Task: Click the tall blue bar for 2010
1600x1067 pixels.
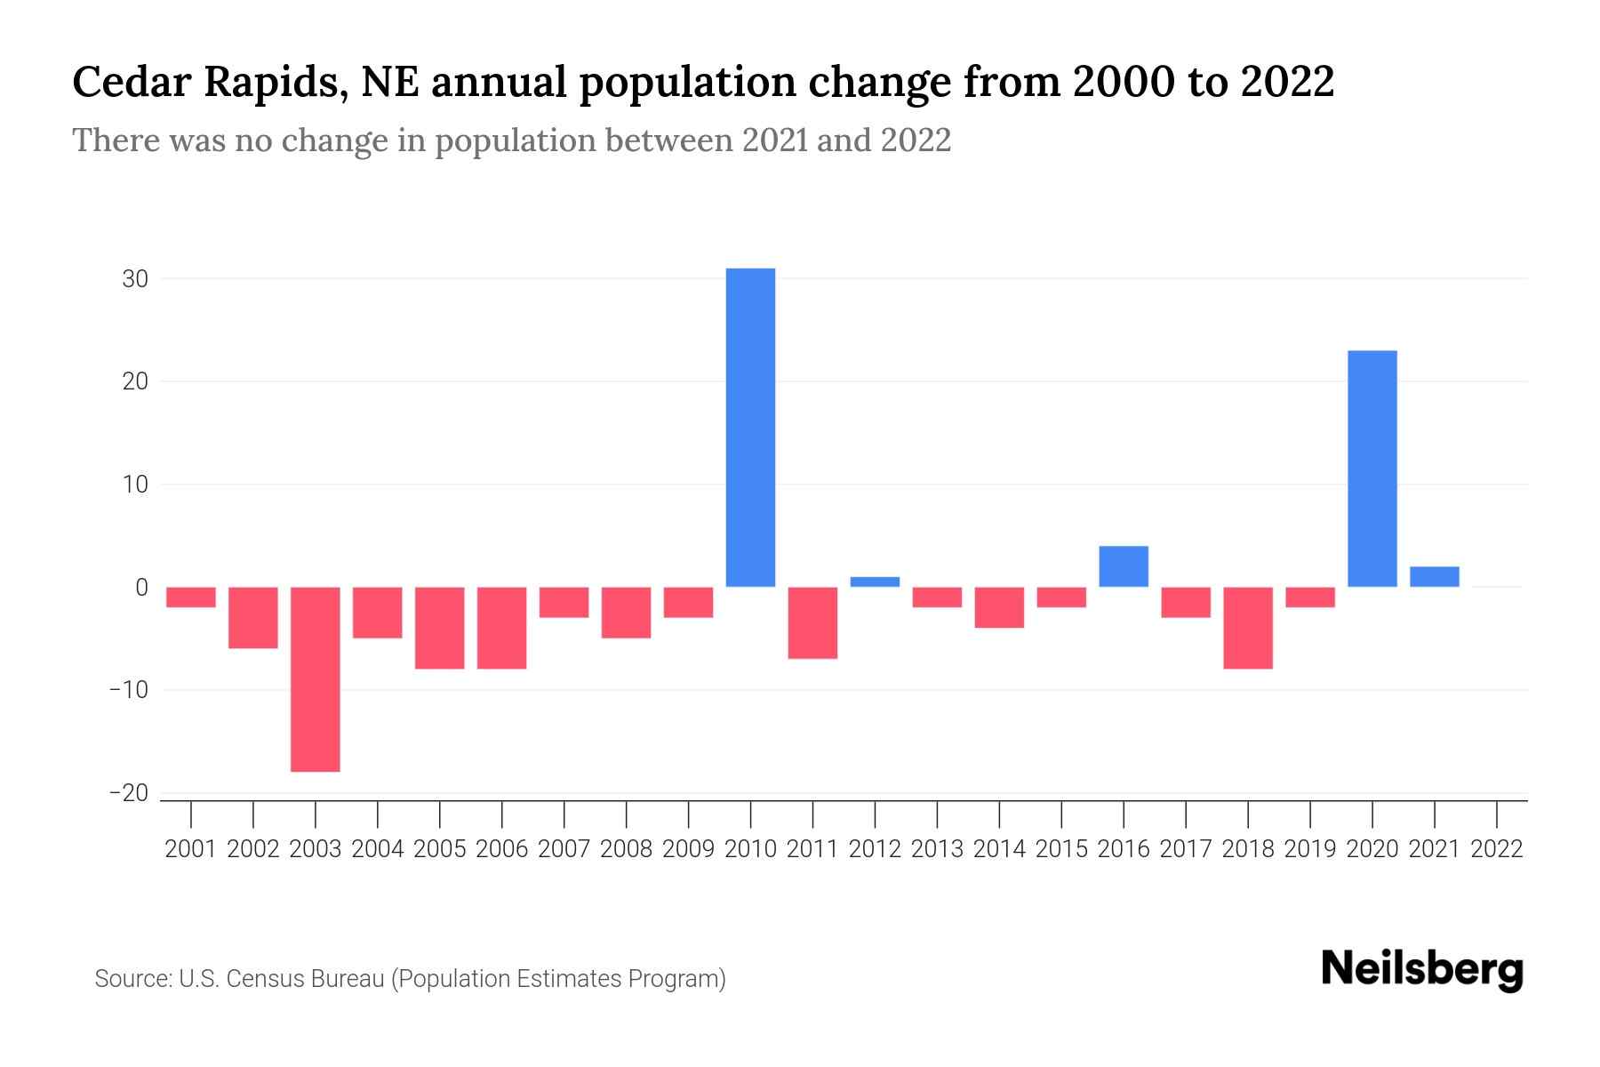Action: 750,427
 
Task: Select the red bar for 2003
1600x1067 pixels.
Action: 316,678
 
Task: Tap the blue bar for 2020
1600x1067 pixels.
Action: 1372,469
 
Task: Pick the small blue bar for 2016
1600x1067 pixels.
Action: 1124,566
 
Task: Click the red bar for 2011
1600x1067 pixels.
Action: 812,622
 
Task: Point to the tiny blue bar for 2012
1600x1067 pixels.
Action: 875,582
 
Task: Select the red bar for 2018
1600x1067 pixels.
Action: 1248,628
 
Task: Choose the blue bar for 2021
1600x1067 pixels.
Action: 1435,576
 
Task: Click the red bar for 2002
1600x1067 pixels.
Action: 253,617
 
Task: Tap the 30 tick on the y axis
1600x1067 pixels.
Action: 135,279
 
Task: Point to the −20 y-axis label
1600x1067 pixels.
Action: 129,793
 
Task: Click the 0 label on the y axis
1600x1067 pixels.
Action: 141,588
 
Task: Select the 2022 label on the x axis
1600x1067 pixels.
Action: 1497,849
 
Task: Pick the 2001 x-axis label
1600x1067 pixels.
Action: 191,849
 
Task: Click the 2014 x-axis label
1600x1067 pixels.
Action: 999,849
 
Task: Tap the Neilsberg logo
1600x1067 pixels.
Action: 1422,970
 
